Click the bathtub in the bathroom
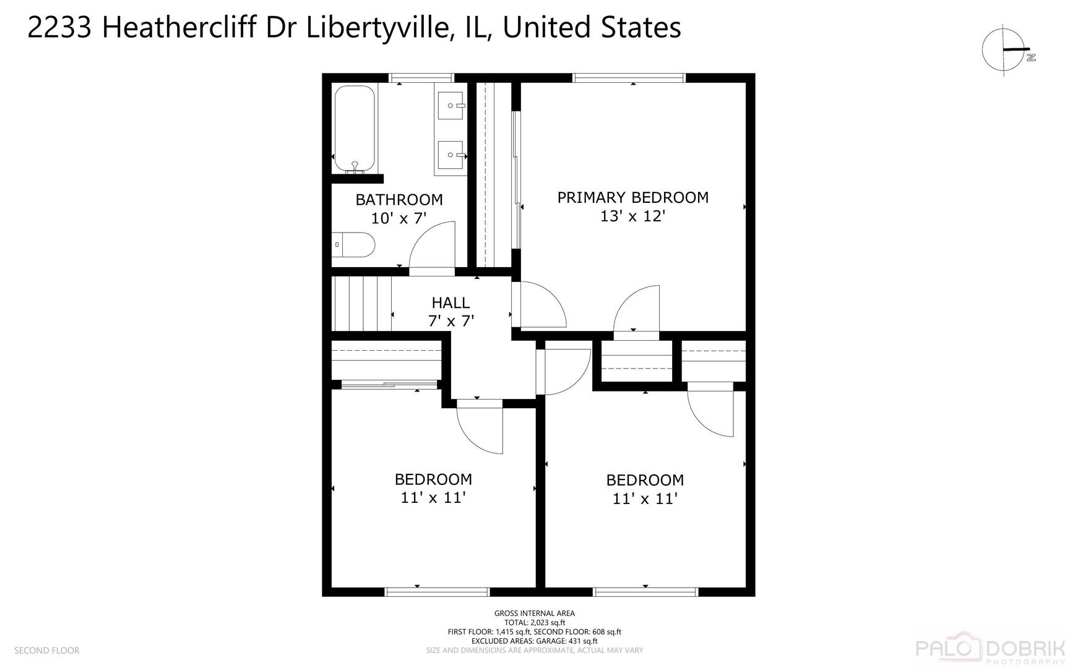coord(355,129)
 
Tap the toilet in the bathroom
coord(353,244)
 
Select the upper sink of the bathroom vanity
coord(451,105)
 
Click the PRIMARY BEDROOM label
coord(632,197)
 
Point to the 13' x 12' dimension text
coord(632,216)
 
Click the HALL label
coord(451,302)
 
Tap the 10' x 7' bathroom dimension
coord(399,218)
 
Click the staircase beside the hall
coord(362,304)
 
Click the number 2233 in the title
coord(60,28)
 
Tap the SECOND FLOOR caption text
coord(47,650)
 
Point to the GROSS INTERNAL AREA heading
coord(534,614)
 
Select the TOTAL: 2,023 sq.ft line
coord(534,623)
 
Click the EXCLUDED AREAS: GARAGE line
coord(534,641)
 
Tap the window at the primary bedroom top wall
coord(629,78)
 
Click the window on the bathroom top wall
coord(421,78)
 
